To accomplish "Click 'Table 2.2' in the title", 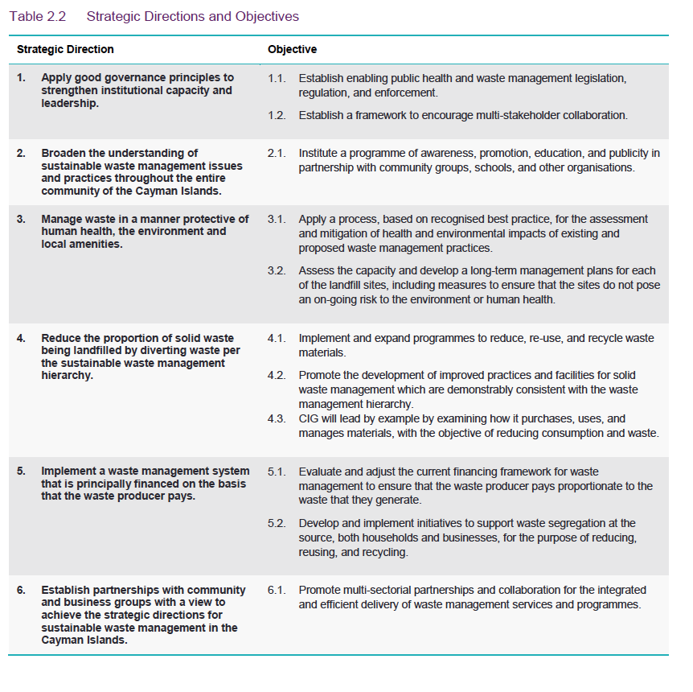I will point(37,16).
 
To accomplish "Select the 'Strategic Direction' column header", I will point(65,50).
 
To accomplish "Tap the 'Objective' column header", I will point(292,50).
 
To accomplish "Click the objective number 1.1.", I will point(277,78).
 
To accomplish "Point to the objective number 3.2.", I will point(277,270).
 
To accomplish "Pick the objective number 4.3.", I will point(277,418).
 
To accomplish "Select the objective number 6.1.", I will point(277,590).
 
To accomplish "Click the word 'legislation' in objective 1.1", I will point(597,78).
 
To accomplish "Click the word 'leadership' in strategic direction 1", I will point(70,104).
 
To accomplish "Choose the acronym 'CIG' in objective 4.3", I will point(310,418).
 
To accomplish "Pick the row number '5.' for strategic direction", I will point(22,471).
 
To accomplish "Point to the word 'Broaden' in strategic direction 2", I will point(64,153).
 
